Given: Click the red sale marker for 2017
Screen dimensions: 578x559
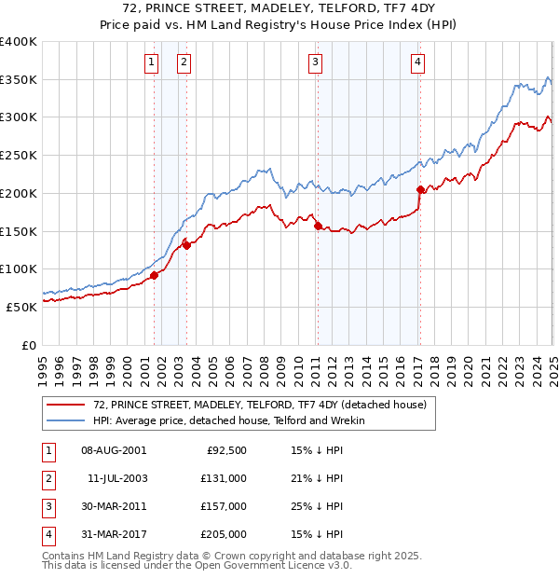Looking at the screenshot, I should pos(420,189).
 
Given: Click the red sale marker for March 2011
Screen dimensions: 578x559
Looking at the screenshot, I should pos(318,226).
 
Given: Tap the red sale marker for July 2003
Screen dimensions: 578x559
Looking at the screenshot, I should pos(186,245).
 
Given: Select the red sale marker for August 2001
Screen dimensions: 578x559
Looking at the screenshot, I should pos(155,274).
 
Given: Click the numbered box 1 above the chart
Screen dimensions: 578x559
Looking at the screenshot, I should pos(151,62).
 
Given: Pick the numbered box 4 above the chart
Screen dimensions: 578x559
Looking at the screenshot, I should pos(418,62).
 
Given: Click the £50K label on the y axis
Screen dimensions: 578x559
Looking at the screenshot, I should pos(21,307).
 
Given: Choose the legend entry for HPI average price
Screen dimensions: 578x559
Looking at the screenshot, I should pos(229,420).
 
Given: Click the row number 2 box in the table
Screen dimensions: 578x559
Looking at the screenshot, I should pos(48,478).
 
